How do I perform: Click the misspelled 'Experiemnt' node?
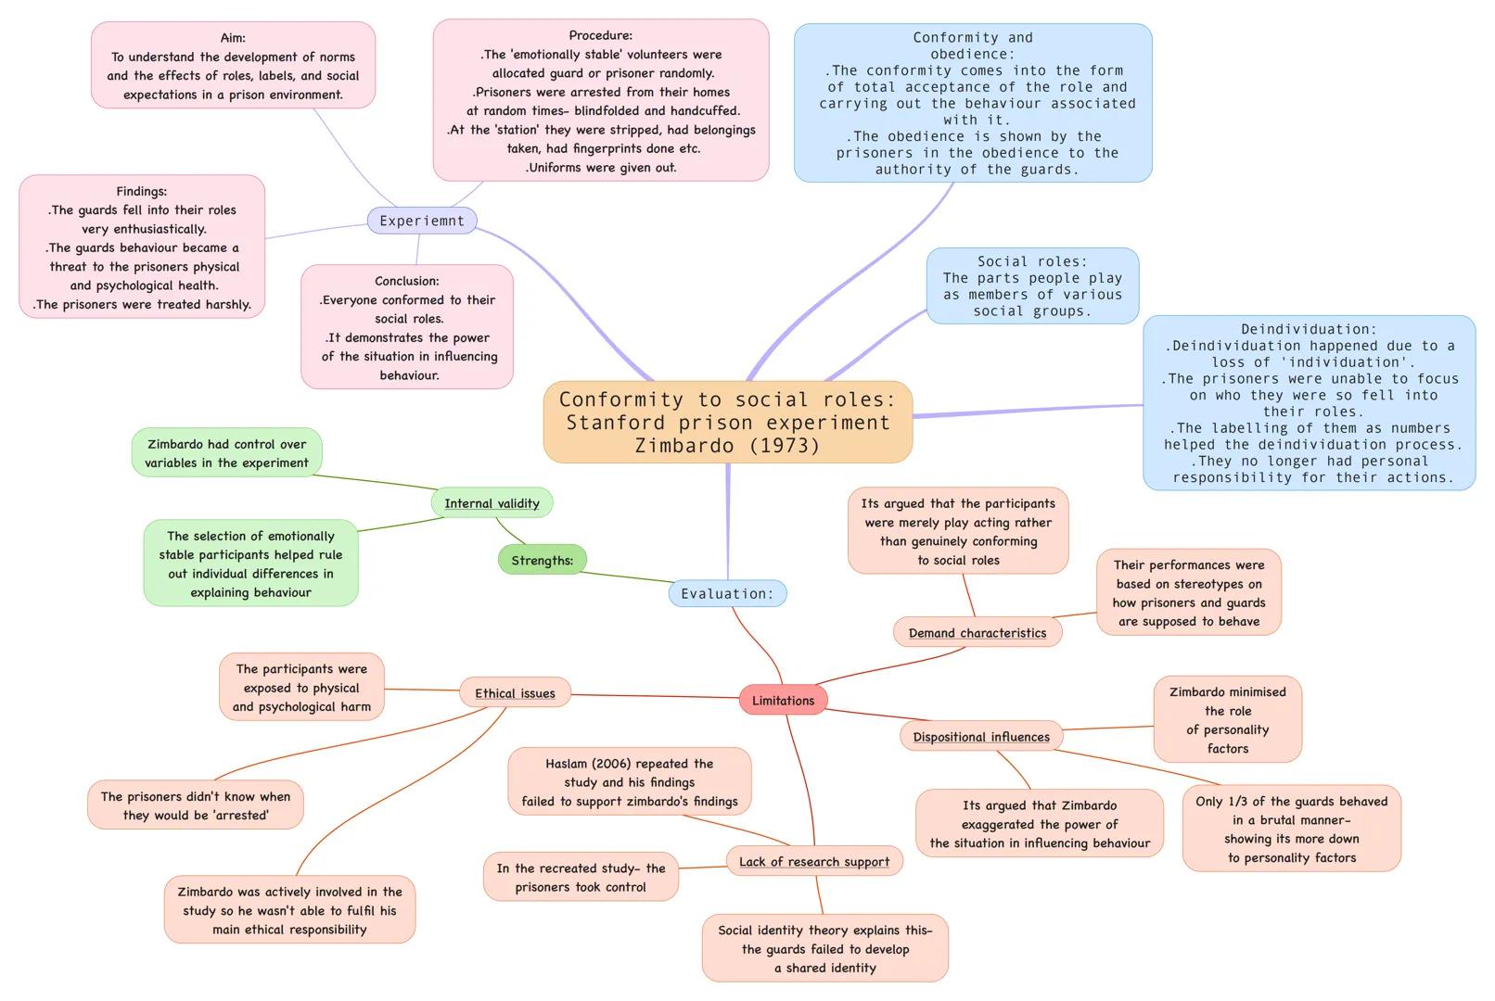tap(422, 221)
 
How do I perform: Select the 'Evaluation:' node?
tap(727, 594)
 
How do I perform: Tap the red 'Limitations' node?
tap(783, 701)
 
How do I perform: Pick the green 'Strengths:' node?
tap(543, 560)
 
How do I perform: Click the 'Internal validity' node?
tap(492, 503)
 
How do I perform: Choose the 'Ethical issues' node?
tap(515, 693)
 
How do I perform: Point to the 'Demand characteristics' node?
tap(977, 633)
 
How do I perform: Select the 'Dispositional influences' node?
tap(981, 737)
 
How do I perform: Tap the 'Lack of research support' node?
tap(814, 861)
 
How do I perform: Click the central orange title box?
tap(728, 423)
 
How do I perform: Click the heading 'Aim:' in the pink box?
tap(233, 38)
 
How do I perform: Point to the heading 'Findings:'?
tap(142, 191)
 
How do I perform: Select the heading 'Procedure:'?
tap(601, 35)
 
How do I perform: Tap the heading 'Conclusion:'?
tap(407, 281)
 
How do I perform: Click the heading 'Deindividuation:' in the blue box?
tap(1309, 329)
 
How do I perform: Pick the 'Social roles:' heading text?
tap(1032, 261)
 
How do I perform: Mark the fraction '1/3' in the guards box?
tap(1238, 801)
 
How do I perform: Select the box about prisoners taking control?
tap(581, 878)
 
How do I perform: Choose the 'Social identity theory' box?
tap(825, 948)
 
